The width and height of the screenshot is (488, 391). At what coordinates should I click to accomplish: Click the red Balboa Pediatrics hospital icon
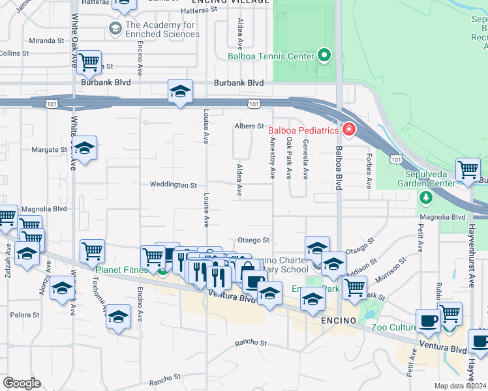point(348,130)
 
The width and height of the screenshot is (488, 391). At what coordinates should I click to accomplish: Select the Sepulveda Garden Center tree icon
point(425,196)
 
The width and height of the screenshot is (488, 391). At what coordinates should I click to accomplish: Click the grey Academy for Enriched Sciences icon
point(115,29)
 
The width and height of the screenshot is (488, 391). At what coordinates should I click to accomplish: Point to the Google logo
point(22,383)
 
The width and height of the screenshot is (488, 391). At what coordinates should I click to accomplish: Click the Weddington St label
point(173,185)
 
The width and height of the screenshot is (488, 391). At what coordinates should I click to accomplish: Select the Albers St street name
point(249,126)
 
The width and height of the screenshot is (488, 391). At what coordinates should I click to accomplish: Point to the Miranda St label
point(46,40)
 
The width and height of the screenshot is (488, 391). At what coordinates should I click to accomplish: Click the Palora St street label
point(25,315)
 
